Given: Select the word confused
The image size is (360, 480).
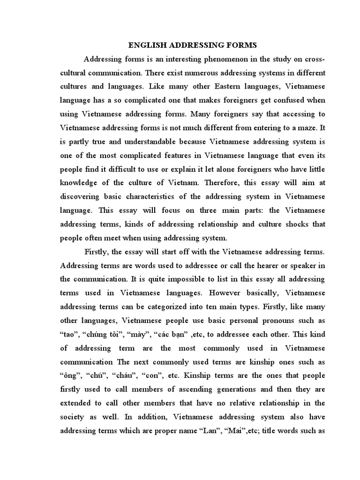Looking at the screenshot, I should click(x=285, y=100).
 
